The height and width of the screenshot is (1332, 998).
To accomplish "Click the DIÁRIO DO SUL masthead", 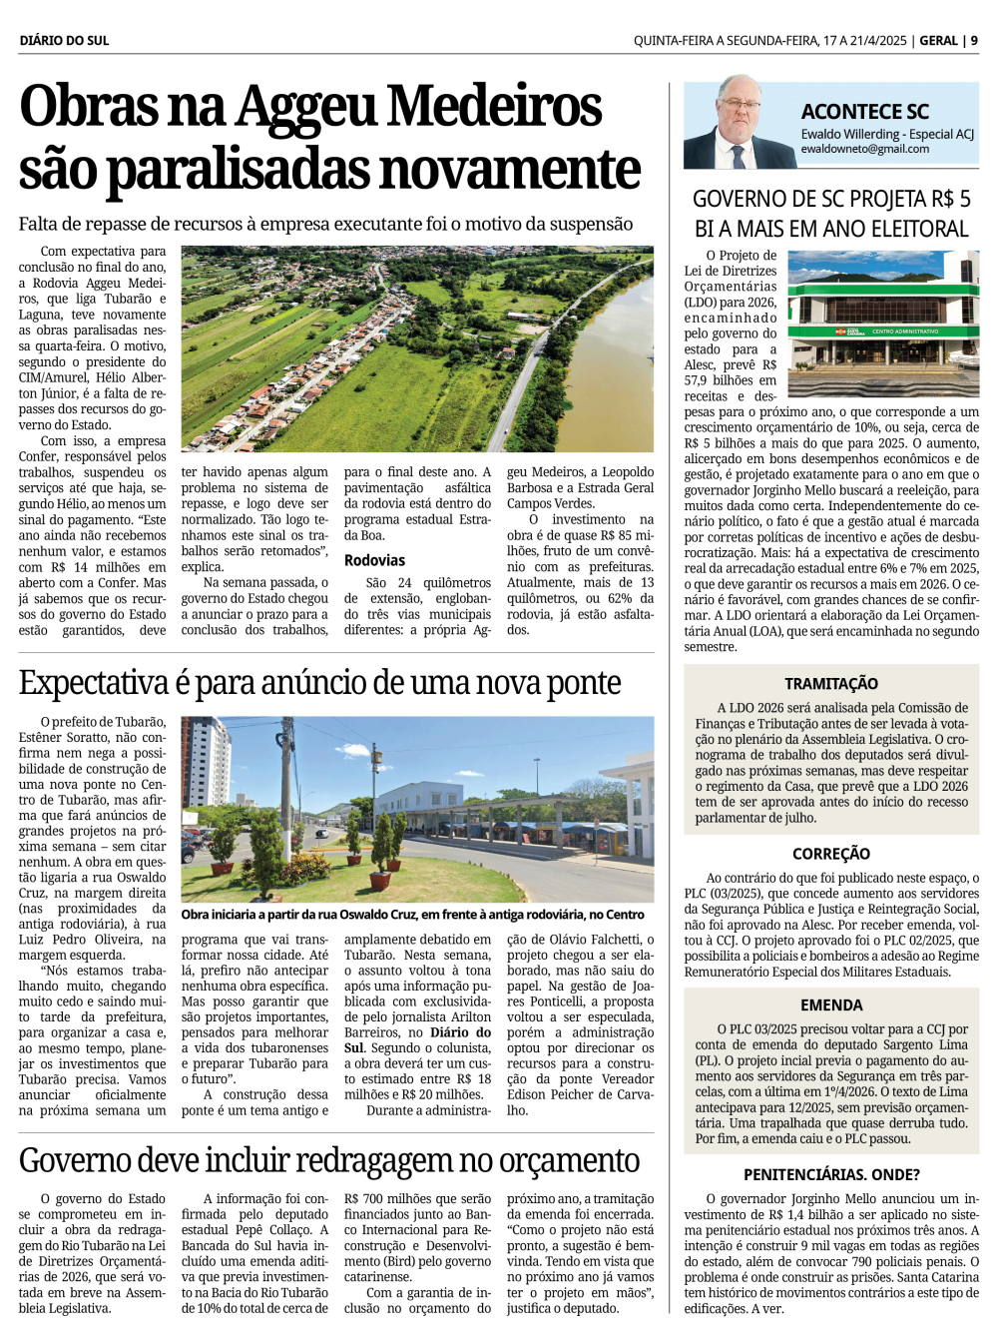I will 64,41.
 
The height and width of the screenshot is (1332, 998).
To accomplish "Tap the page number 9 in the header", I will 974,41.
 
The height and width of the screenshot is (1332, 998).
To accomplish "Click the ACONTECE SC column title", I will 864,112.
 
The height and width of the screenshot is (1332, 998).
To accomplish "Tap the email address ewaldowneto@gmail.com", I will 864,149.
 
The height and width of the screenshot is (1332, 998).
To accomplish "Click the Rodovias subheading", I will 374,560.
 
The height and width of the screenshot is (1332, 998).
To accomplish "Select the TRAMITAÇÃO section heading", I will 831,684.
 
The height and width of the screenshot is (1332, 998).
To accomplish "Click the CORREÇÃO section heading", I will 831,854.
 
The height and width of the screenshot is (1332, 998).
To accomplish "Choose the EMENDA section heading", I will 831,1005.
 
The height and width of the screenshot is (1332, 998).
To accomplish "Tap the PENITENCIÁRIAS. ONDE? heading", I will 831,1175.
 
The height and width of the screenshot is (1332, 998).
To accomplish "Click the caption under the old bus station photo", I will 412,915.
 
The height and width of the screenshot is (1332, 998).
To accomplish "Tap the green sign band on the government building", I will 881,331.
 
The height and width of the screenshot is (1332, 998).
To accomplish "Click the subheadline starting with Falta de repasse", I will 325,224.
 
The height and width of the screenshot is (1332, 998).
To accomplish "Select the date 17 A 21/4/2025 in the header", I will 864,41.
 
